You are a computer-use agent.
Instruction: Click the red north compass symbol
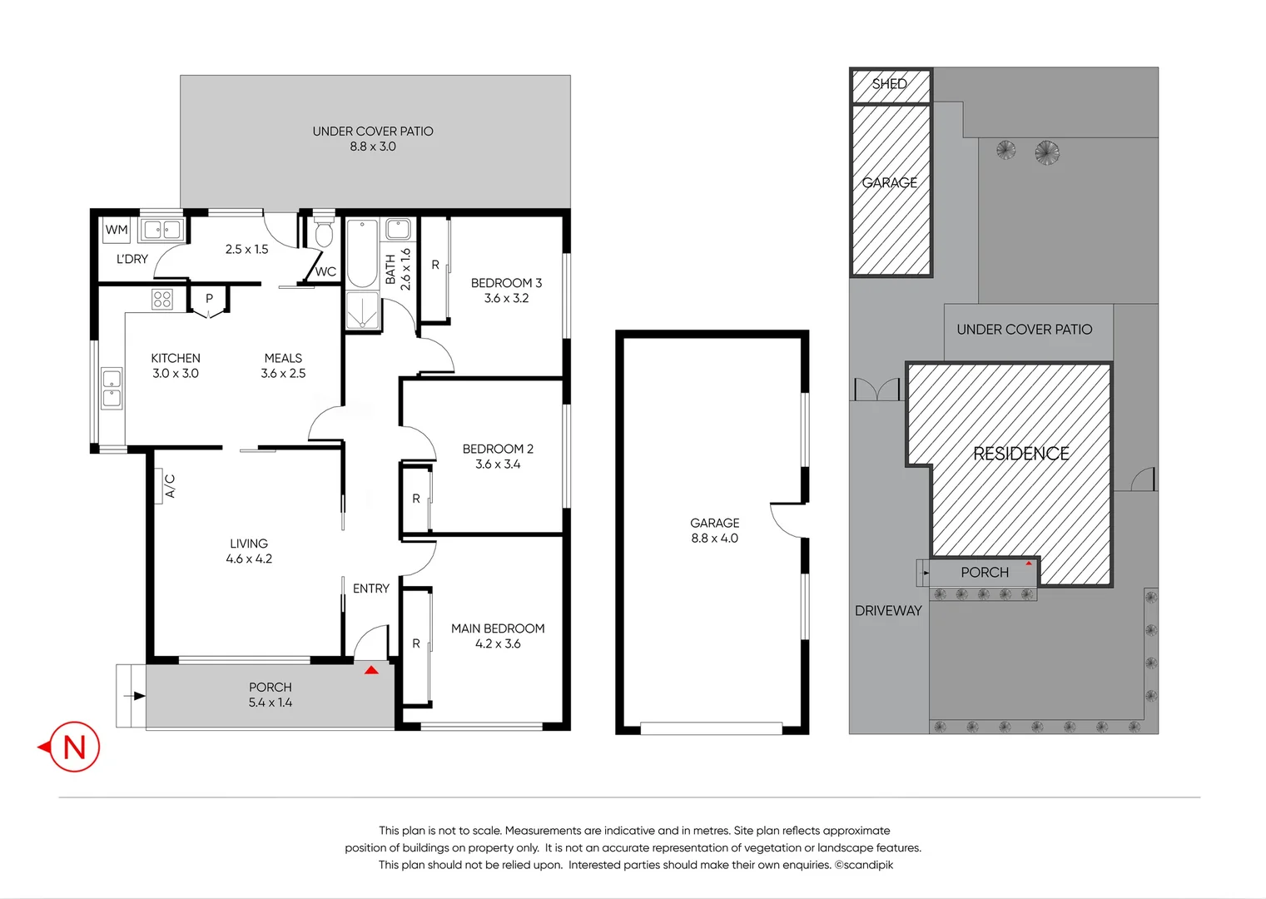(73, 747)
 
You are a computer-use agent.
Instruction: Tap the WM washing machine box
(117, 230)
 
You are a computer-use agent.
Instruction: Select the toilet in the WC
(324, 234)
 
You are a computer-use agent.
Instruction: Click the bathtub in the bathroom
(362, 253)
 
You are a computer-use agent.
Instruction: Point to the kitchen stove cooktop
(162, 299)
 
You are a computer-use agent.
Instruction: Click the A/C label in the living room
(169, 486)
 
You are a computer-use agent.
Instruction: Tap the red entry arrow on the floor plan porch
(371, 669)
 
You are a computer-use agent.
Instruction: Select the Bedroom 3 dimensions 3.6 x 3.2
(506, 298)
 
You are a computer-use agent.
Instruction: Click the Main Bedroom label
(498, 628)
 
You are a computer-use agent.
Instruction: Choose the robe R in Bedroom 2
(416, 499)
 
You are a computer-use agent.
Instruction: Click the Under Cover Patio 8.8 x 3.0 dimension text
(373, 147)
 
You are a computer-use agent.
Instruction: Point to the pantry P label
(209, 298)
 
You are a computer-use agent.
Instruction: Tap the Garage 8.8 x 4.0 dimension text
(714, 539)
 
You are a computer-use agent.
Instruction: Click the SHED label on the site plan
(889, 84)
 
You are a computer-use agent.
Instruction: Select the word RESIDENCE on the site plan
(1021, 454)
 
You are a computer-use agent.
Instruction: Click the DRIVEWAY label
(888, 611)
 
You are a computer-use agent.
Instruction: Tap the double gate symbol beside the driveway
(877, 390)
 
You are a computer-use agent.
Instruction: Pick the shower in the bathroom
(362, 310)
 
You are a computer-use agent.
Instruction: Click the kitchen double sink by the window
(112, 389)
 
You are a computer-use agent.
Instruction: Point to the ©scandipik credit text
(864, 865)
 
